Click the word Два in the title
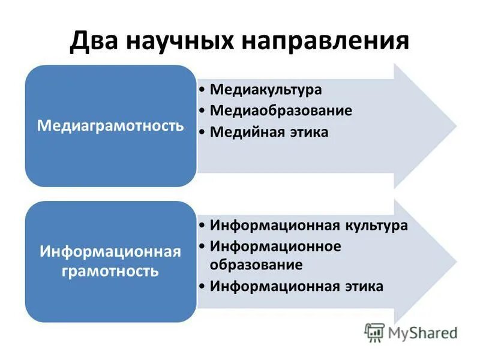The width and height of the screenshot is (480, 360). (x=96, y=41)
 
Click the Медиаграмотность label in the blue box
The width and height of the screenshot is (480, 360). (x=110, y=126)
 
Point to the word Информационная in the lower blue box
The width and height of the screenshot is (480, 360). (x=110, y=251)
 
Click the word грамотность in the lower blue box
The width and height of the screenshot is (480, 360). (x=110, y=271)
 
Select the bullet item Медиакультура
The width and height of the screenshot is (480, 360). (x=266, y=89)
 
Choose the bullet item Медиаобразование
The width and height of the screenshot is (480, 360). (x=281, y=111)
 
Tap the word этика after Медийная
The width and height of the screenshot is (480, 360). (x=309, y=132)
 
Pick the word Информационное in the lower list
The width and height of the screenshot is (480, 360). (x=275, y=246)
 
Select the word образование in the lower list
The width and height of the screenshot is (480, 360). (x=256, y=264)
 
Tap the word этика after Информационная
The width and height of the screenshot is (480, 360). (x=364, y=286)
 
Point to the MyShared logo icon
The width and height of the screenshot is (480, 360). (x=374, y=332)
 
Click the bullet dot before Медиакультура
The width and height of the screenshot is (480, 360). (x=203, y=90)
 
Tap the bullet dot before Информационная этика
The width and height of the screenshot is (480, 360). (x=203, y=286)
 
